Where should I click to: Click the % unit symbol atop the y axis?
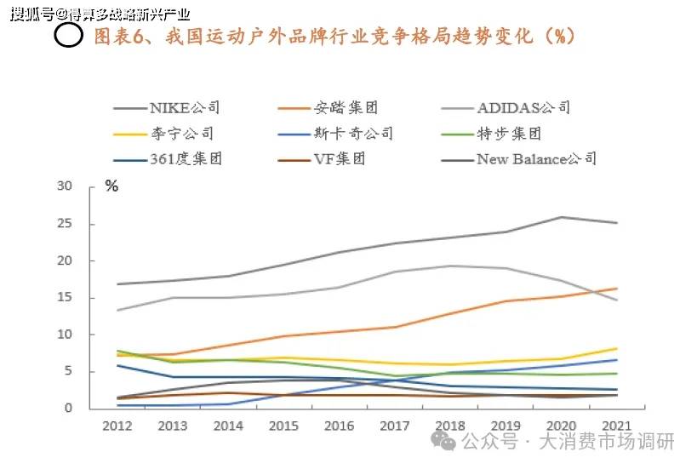(111, 186)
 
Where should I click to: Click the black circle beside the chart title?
(69, 35)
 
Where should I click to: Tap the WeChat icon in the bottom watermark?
(443, 441)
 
